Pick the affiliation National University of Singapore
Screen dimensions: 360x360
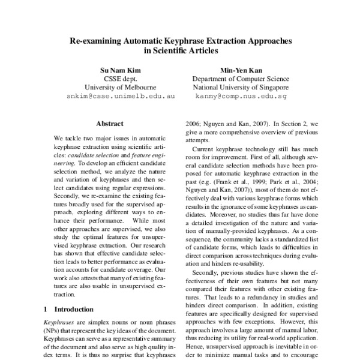tap(240, 86)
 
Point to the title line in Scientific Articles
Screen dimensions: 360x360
tap(181, 52)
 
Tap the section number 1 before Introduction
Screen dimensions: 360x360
tap(47, 310)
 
